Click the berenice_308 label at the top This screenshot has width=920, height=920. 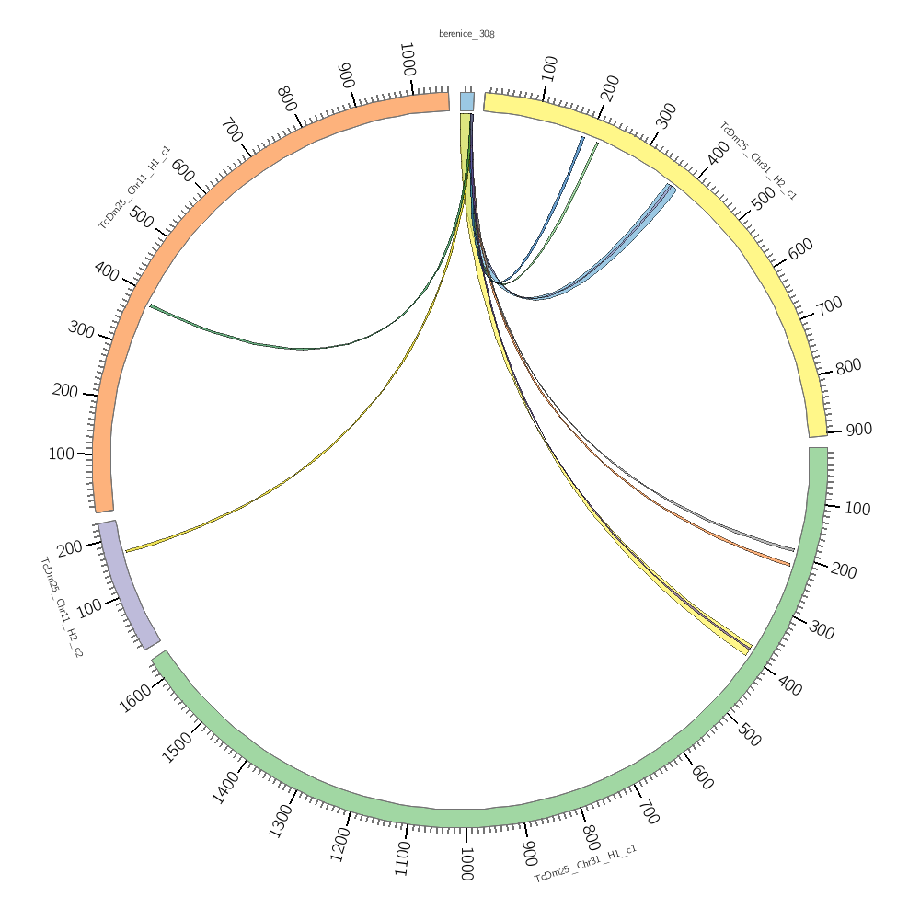(x=466, y=34)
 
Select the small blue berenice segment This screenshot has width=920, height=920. (x=467, y=101)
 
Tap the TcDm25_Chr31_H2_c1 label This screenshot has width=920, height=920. (x=757, y=160)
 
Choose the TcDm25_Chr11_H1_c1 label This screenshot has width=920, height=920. (x=134, y=187)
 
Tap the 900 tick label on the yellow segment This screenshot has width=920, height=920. (x=858, y=430)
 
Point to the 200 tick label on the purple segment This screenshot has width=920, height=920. (x=69, y=549)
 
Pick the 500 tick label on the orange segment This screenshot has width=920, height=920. (x=141, y=217)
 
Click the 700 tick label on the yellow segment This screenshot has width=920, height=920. (x=829, y=305)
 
